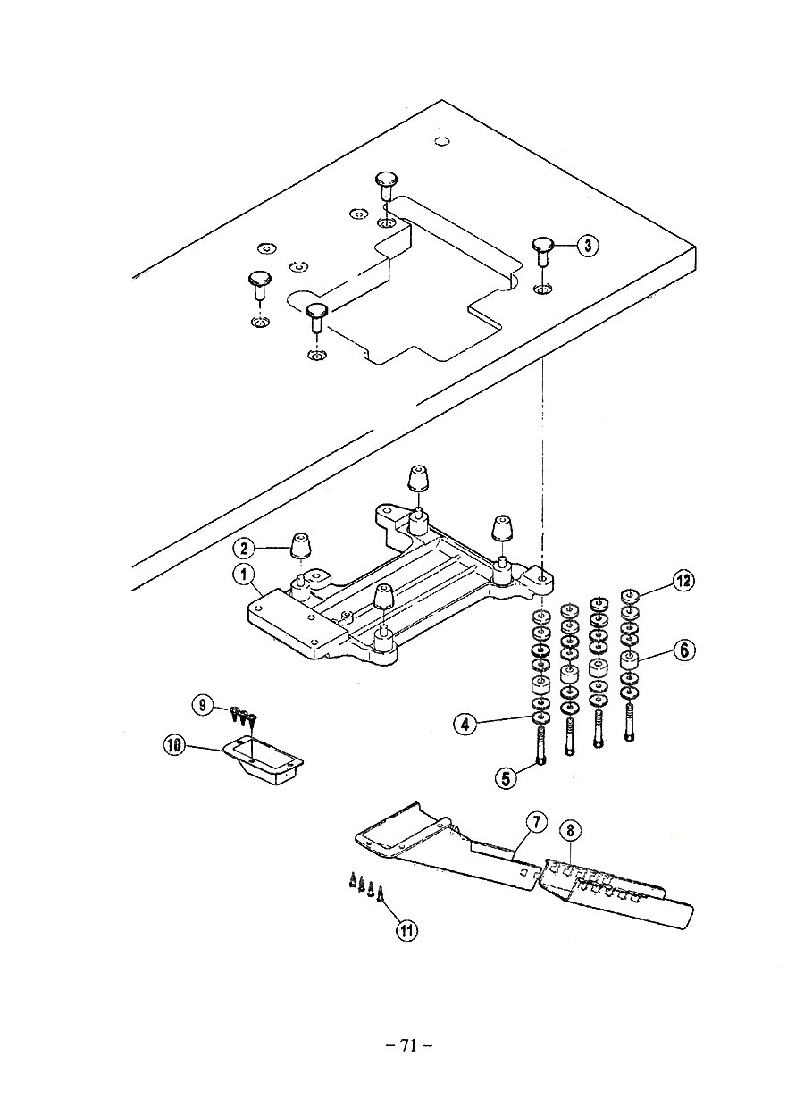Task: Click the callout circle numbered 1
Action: pyautogui.click(x=244, y=575)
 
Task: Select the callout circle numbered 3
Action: pyautogui.click(x=588, y=245)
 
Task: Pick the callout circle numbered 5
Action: pyautogui.click(x=507, y=778)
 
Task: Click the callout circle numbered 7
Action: pyautogui.click(x=537, y=822)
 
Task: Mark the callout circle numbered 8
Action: pyautogui.click(x=570, y=830)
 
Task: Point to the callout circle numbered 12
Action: pyautogui.click(x=683, y=582)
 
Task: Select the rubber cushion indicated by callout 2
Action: pyautogui.click(x=302, y=546)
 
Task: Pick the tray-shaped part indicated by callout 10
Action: pyautogui.click(x=263, y=760)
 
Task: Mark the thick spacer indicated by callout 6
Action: pyautogui.click(x=630, y=660)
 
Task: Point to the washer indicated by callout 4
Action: pyautogui.click(x=540, y=718)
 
